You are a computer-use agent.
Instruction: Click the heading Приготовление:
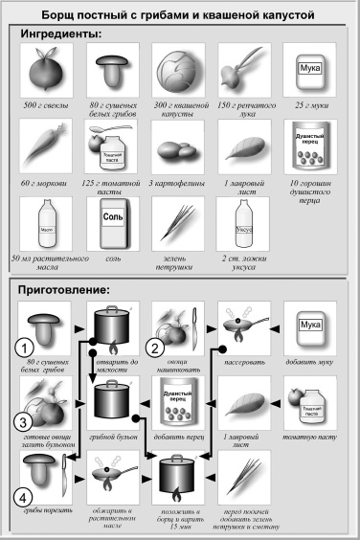69,287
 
